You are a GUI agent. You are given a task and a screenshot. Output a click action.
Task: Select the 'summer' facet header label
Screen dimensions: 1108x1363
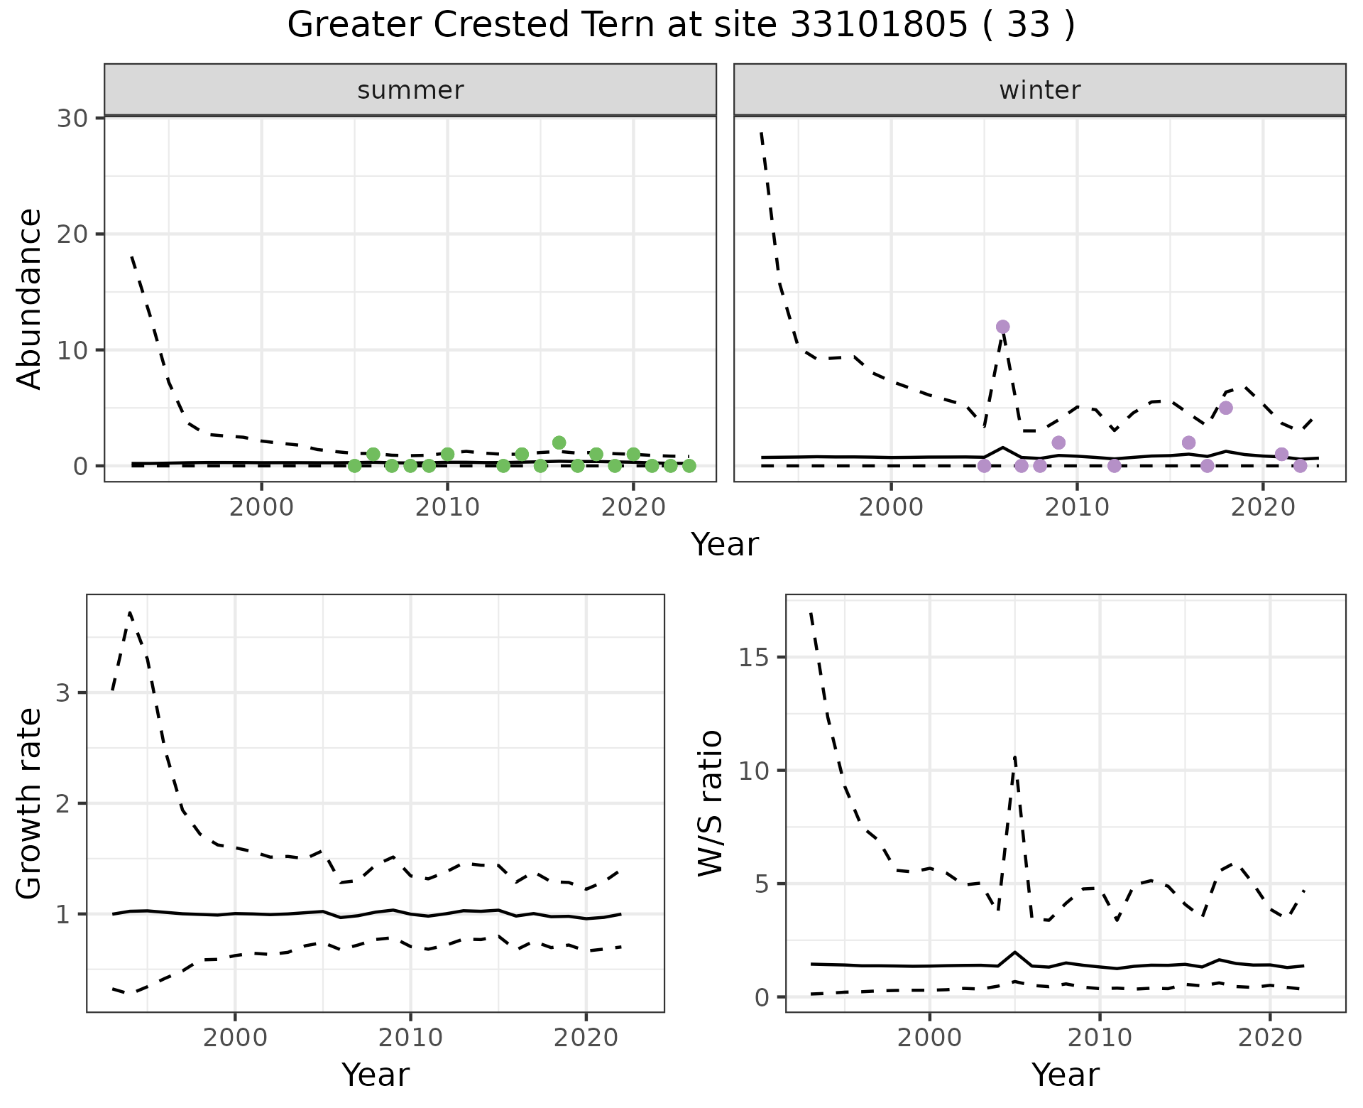click(x=410, y=90)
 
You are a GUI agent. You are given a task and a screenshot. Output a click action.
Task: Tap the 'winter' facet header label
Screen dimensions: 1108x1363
click(x=1039, y=90)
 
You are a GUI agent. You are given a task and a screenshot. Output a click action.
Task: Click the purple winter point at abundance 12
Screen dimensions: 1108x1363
click(x=1002, y=327)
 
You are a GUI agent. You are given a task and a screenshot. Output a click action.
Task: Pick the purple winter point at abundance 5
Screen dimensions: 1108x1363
click(x=1225, y=408)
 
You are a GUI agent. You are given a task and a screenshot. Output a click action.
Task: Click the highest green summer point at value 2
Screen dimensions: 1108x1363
click(x=559, y=442)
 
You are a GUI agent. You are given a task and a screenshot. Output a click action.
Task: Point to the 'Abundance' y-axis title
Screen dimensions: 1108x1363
click(x=30, y=299)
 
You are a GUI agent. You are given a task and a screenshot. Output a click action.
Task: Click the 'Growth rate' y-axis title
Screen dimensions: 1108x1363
click(x=30, y=803)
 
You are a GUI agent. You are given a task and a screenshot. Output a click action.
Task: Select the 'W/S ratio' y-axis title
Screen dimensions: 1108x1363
click(x=710, y=803)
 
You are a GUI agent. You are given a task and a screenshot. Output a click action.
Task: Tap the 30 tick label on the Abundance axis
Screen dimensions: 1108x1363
click(x=72, y=118)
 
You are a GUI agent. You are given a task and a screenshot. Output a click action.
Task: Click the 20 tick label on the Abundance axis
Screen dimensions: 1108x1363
click(x=72, y=234)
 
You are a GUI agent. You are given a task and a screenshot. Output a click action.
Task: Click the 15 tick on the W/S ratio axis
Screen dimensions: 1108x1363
click(x=754, y=658)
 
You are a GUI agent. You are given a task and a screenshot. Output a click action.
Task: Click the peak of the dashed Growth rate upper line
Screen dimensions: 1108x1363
click(x=130, y=612)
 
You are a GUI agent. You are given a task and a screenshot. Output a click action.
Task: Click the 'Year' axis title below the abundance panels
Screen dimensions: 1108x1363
click(x=725, y=545)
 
